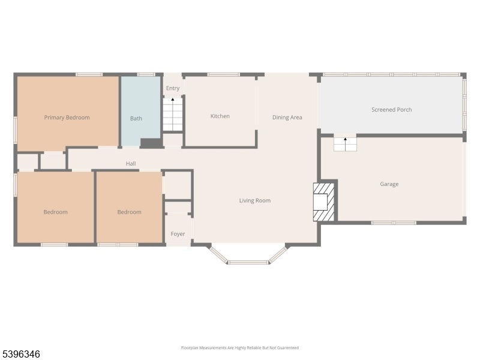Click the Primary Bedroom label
67,118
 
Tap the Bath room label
136,118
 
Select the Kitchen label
220,116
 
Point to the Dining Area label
287,117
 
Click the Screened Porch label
392,110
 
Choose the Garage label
389,184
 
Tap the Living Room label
254,200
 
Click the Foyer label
178,234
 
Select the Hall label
131,164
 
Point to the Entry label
173,88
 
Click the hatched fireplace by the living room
323,202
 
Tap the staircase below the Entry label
173,114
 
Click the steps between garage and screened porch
346,144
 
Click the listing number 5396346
20,354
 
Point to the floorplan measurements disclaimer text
239,348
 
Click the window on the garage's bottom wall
394,223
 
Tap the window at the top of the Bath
146,74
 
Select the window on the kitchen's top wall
223,74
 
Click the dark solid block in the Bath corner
151,143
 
